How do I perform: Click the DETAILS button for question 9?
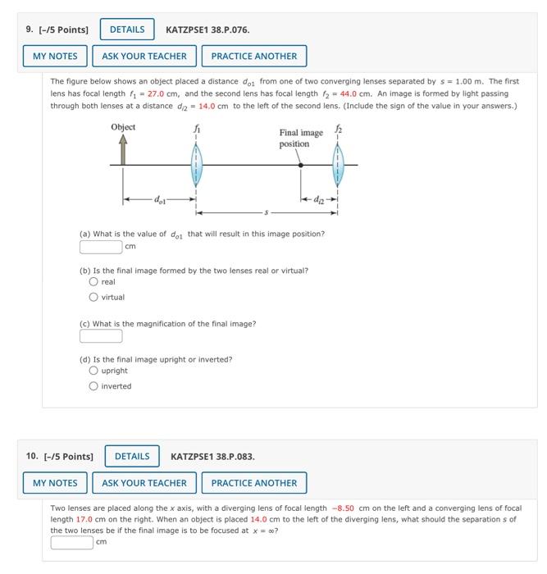point(127,30)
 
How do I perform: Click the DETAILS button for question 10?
point(132,456)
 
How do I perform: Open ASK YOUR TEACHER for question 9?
point(144,56)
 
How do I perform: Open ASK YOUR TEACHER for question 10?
point(144,483)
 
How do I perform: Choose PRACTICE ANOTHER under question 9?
point(254,56)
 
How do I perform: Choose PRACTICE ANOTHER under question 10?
point(254,483)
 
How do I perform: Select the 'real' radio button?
point(93,282)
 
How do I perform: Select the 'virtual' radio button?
point(93,297)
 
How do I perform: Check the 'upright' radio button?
point(93,371)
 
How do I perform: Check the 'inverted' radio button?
point(93,386)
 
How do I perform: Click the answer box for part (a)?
point(101,246)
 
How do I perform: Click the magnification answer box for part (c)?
point(101,335)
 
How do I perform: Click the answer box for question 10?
point(72,542)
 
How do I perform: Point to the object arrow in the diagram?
point(123,151)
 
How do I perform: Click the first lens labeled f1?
point(195,166)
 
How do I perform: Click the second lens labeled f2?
point(337,166)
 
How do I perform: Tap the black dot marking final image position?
point(301,166)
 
